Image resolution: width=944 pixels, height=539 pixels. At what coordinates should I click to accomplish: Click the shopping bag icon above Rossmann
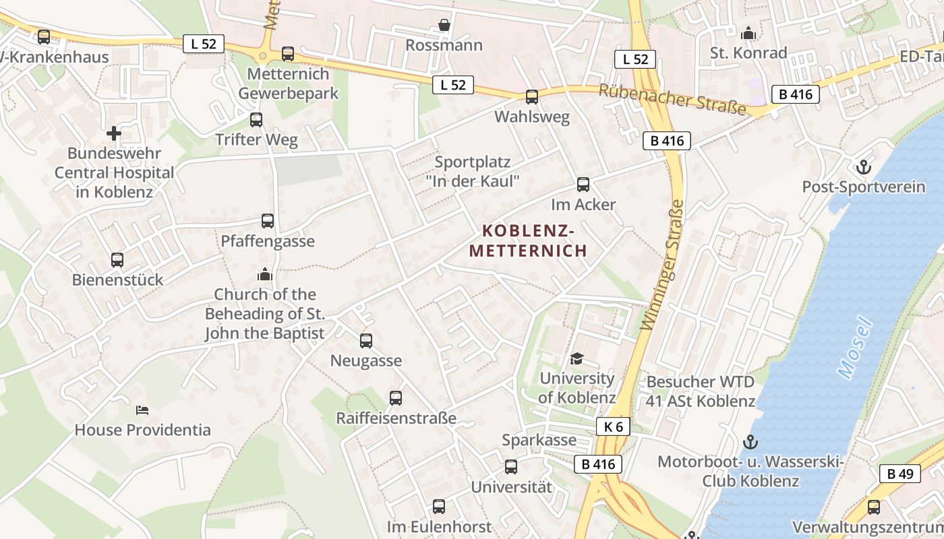pos(444,26)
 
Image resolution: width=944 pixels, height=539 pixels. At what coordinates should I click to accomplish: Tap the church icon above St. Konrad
pos(748,33)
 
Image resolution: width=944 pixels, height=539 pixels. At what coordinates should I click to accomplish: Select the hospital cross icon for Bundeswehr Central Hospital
pos(114,133)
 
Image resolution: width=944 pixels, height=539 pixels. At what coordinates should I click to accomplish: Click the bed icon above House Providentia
pos(142,410)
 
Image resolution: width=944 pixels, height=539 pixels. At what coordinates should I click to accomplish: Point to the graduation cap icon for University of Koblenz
pos(577,358)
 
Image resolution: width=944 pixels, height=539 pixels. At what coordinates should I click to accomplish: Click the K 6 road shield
pos(613,426)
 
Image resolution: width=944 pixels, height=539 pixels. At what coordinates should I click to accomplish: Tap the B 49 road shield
pos(900,474)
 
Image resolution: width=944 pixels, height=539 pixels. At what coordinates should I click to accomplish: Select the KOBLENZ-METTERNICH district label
pos(529,241)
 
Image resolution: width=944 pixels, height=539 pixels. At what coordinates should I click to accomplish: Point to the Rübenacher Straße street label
pos(673,100)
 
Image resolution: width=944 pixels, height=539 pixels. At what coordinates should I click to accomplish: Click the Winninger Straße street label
pos(665,265)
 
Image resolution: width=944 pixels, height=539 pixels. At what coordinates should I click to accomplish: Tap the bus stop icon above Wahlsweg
pos(532,97)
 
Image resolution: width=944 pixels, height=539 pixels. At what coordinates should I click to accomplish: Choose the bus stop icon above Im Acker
pos(583,185)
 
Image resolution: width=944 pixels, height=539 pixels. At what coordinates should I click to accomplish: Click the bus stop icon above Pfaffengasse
pos(268,221)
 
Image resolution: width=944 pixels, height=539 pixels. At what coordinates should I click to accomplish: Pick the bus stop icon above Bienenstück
pos(117,260)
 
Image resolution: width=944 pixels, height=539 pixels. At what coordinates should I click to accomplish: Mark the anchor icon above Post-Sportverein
pos(863,166)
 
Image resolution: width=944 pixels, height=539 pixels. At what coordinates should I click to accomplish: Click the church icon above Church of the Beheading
pos(264,275)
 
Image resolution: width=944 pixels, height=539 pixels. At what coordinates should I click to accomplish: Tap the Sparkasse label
pos(539,440)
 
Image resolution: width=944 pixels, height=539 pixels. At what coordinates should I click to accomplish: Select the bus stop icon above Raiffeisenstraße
pos(396,398)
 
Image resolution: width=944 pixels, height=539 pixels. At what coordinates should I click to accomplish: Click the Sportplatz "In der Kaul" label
pos(473,171)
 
